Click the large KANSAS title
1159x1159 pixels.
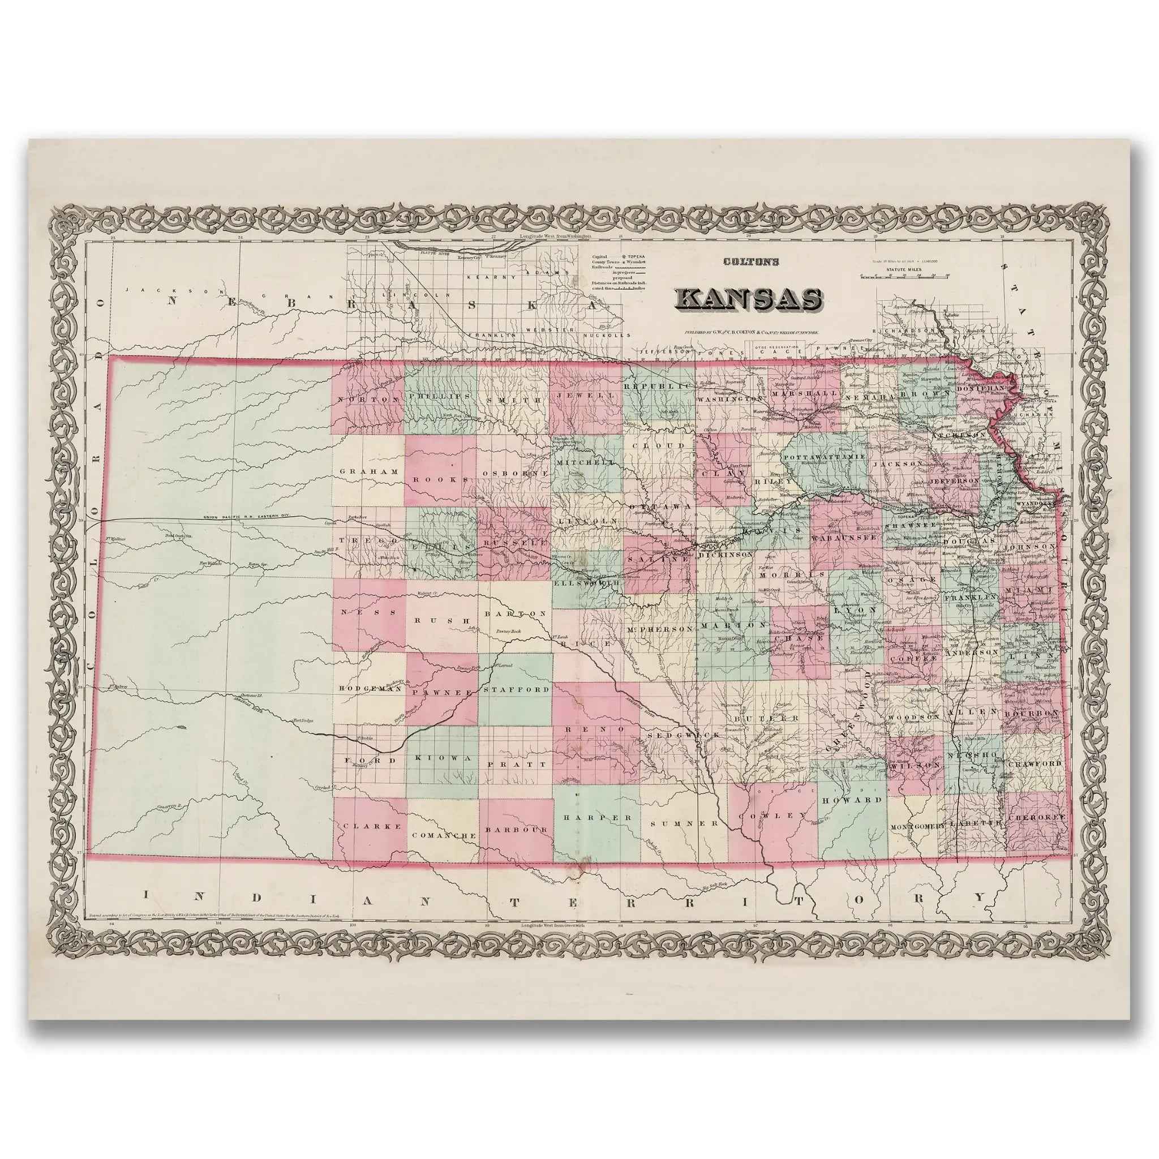pyautogui.click(x=749, y=299)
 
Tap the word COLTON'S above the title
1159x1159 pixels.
pyautogui.click(x=750, y=261)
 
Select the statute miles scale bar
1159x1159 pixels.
pyautogui.click(x=904, y=277)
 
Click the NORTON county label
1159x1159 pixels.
pyautogui.click(x=368, y=400)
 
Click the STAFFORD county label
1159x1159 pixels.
pyautogui.click(x=516, y=689)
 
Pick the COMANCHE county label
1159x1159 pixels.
pyautogui.click(x=444, y=835)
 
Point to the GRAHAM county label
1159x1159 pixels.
pyautogui.click(x=368, y=471)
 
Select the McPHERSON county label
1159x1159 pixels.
pyautogui.click(x=660, y=629)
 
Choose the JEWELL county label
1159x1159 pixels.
pyautogui.click(x=586, y=396)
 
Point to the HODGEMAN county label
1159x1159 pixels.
pyautogui.click(x=370, y=689)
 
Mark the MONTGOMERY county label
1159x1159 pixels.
pyautogui.click(x=917, y=826)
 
